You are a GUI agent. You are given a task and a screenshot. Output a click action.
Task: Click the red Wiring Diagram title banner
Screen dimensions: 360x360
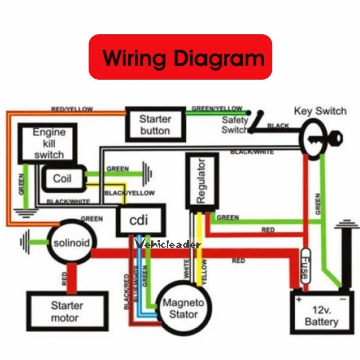(x=180, y=57)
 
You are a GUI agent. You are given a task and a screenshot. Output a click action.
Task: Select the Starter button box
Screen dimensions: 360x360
(x=155, y=125)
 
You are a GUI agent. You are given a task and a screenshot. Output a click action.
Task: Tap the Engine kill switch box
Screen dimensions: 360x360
(x=48, y=143)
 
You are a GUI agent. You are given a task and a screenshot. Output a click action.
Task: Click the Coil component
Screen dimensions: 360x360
(x=63, y=178)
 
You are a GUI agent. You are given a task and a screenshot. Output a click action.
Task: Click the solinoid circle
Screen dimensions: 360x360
(x=69, y=243)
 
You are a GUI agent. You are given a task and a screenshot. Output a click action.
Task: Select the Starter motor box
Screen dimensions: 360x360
(x=67, y=311)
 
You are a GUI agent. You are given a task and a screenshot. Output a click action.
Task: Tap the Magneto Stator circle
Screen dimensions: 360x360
(x=183, y=308)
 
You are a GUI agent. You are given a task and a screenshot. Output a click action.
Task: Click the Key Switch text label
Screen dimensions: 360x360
(x=320, y=111)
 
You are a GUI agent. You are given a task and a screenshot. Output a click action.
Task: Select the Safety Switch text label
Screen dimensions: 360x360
(x=234, y=125)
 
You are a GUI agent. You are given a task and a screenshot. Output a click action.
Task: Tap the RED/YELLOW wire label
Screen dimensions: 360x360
(x=72, y=109)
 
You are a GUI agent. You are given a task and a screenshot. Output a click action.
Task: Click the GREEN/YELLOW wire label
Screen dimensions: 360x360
(x=217, y=108)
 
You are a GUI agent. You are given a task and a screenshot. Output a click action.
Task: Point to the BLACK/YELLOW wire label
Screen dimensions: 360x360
(x=130, y=193)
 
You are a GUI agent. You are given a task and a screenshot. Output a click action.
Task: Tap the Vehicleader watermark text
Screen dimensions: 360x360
(x=168, y=244)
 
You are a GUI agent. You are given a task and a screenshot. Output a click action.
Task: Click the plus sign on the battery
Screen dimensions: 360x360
(x=297, y=298)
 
